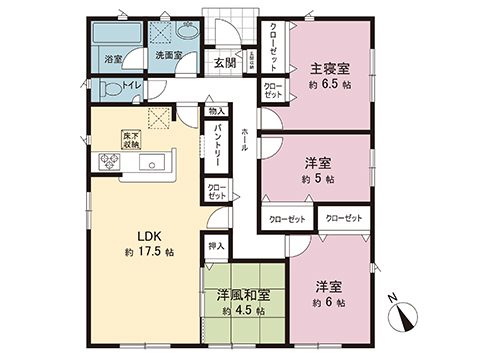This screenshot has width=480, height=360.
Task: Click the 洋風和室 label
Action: (243, 295)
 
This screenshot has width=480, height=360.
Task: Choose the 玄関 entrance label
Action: (224, 62)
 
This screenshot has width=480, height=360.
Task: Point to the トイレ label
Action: (130, 88)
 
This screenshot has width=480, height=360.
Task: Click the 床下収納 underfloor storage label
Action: (130, 137)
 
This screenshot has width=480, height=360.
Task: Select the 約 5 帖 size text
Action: (320, 178)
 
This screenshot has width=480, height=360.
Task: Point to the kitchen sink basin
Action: (154, 164)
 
